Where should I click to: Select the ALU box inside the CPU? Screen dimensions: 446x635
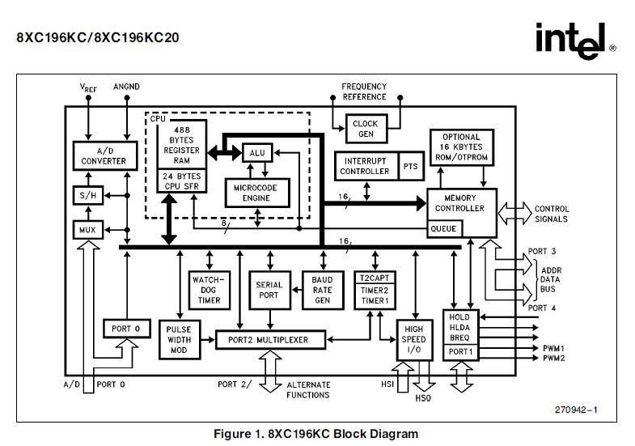pyautogui.click(x=256, y=152)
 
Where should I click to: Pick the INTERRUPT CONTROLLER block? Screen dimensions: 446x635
pyautogui.click(x=365, y=166)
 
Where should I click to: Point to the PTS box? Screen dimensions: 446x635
pyautogui.click(x=411, y=166)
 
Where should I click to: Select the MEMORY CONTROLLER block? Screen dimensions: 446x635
pyautogui.click(x=460, y=203)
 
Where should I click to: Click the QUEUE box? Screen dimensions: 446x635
pyautogui.click(x=442, y=229)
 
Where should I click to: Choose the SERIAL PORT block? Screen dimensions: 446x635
pyautogui.click(x=269, y=290)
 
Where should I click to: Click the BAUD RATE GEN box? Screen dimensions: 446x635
pyautogui.click(x=322, y=290)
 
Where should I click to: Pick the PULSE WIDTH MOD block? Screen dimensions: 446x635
pyautogui.click(x=178, y=339)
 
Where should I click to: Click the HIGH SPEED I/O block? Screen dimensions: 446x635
pyautogui.click(x=413, y=340)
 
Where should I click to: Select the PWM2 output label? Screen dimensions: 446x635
pyautogui.click(x=554, y=358)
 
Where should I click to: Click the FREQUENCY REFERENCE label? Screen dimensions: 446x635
pyautogui.click(x=364, y=91)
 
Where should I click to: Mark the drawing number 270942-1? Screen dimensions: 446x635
pyautogui.click(x=576, y=410)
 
